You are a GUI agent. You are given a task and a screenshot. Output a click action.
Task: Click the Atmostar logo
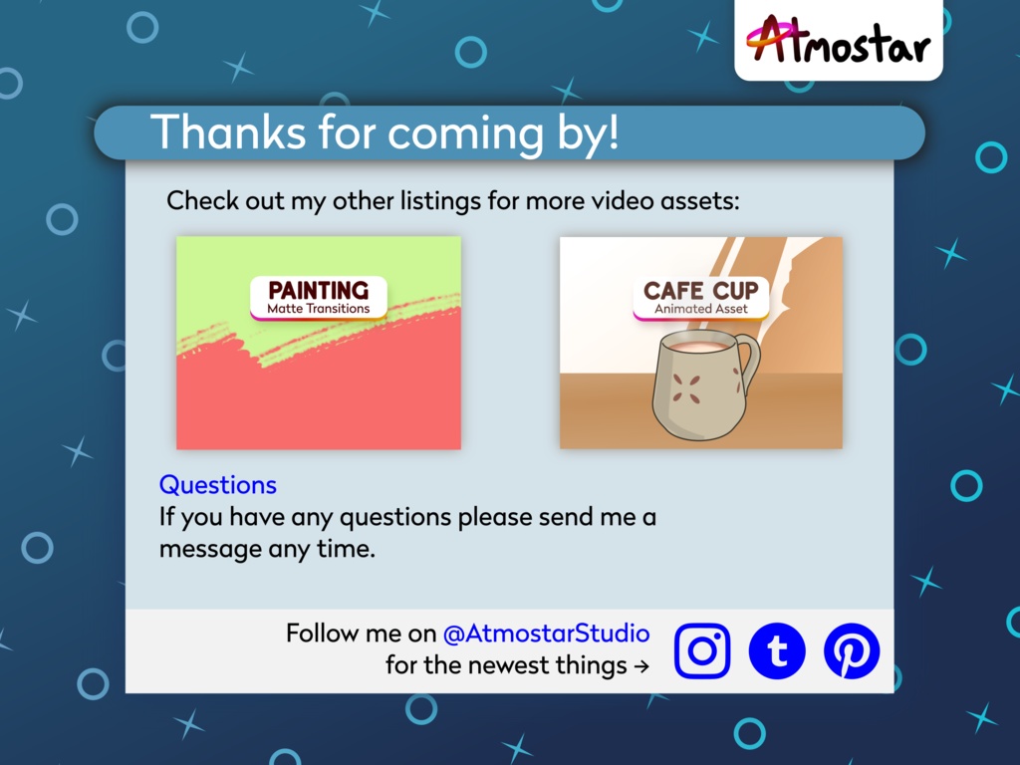pyautogui.click(x=838, y=40)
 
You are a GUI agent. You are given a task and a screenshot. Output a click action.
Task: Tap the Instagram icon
pyautogui.click(x=702, y=650)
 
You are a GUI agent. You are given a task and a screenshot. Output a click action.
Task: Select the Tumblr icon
pyautogui.click(x=777, y=650)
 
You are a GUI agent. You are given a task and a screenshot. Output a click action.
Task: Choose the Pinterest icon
pyautogui.click(x=852, y=650)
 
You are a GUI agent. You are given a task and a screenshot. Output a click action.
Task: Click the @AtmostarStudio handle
pyautogui.click(x=546, y=633)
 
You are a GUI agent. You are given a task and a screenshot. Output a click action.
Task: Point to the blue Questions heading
pyautogui.click(x=218, y=485)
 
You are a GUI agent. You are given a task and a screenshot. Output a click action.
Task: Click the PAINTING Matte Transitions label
pyautogui.click(x=318, y=297)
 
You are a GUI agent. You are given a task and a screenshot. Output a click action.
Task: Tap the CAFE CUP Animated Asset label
pyautogui.click(x=700, y=297)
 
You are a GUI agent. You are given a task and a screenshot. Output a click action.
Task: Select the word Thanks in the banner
pyautogui.click(x=228, y=132)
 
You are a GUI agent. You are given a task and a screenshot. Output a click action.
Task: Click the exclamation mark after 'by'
pyautogui.click(x=612, y=131)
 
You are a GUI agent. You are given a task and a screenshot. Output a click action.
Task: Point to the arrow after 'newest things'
pyautogui.click(x=641, y=666)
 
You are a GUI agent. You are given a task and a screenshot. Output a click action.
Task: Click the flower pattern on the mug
pyautogui.click(x=686, y=389)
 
